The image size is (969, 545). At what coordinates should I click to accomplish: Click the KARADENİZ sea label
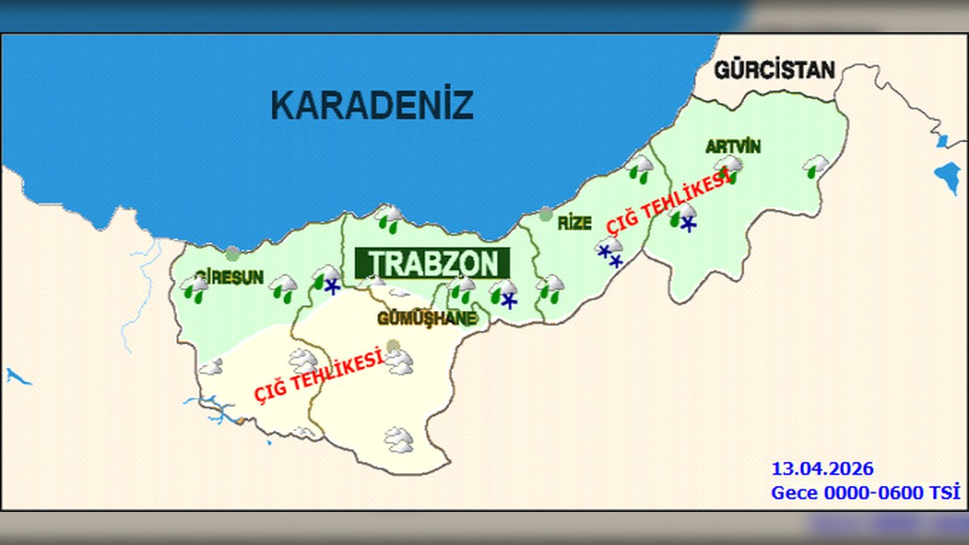click(371, 105)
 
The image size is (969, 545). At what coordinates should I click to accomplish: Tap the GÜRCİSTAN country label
click(774, 70)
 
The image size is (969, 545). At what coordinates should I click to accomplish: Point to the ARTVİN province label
click(732, 147)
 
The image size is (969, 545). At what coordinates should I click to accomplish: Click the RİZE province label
click(574, 224)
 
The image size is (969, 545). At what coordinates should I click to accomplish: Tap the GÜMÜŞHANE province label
click(426, 319)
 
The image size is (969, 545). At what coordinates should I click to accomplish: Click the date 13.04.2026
click(822, 469)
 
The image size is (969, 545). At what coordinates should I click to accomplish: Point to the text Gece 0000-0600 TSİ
click(865, 493)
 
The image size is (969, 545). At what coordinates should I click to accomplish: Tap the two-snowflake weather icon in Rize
click(610, 252)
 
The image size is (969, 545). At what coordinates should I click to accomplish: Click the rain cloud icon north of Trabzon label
click(391, 218)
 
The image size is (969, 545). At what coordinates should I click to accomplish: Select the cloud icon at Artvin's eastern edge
click(816, 166)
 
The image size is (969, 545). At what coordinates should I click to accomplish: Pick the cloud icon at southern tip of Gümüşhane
click(398, 440)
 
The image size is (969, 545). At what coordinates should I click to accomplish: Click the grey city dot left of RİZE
click(546, 214)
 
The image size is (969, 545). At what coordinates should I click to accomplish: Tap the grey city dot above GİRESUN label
click(233, 254)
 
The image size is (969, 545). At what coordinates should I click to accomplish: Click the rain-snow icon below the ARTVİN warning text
click(683, 218)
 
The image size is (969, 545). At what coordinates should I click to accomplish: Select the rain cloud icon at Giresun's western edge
click(194, 288)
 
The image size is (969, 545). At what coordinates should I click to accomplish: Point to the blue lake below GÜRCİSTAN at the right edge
click(946, 178)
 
